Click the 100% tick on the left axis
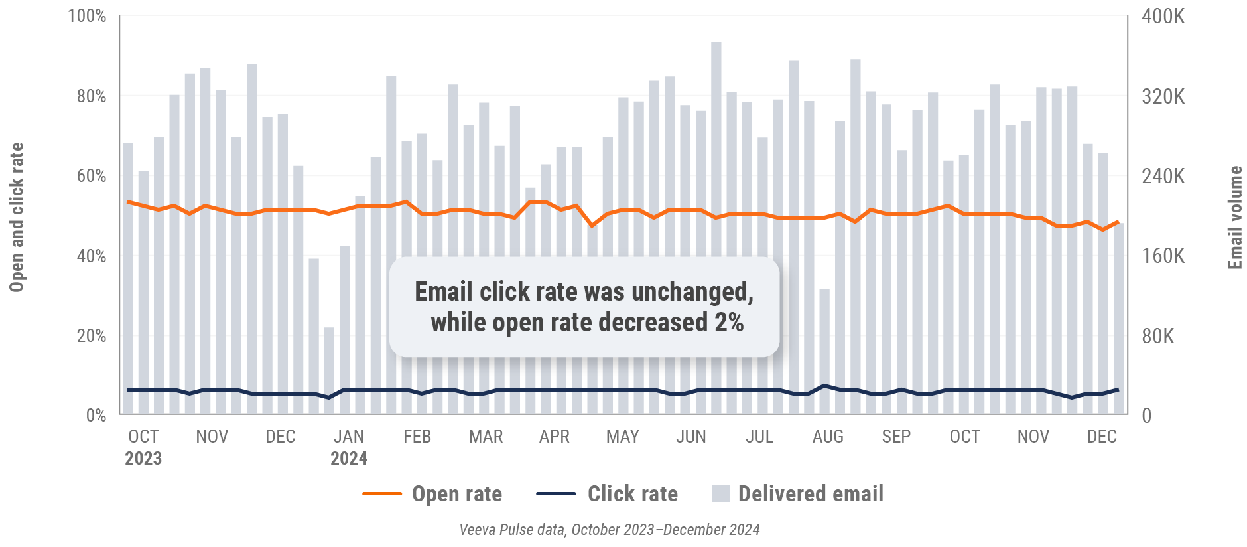click(x=87, y=16)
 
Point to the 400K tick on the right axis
click(x=1163, y=16)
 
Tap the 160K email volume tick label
click(x=1163, y=256)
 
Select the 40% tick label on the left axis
click(x=91, y=256)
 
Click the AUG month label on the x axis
click(x=828, y=437)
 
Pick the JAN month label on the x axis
click(x=349, y=437)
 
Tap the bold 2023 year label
click(x=143, y=459)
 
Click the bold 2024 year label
click(x=349, y=459)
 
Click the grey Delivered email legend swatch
click(x=720, y=493)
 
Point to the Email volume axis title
click(x=1234, y=217)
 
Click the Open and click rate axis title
click(x=16, y=217)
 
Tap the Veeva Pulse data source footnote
click(x=609, y=530)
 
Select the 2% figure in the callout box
click(x=729, y=323)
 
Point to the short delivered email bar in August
click(x=824, y=352)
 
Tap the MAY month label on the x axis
click(x=622, y=437)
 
